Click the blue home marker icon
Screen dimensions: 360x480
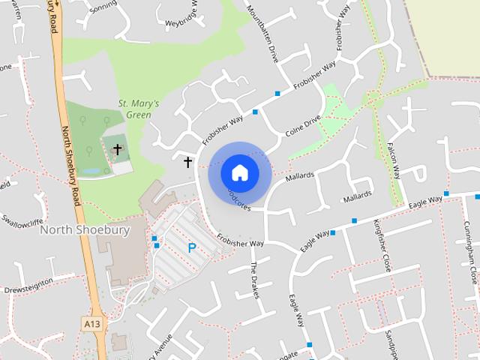(240, 172)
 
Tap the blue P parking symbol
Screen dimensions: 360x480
(192, 247)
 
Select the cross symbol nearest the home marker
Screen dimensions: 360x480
(187, 161)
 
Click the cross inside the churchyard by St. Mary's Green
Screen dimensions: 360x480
(117, 150)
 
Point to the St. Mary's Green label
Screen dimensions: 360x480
(139, 109)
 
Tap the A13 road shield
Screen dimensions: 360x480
(91, 322)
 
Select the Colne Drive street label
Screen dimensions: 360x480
(303, 125)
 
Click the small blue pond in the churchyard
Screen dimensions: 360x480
(90, 171)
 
